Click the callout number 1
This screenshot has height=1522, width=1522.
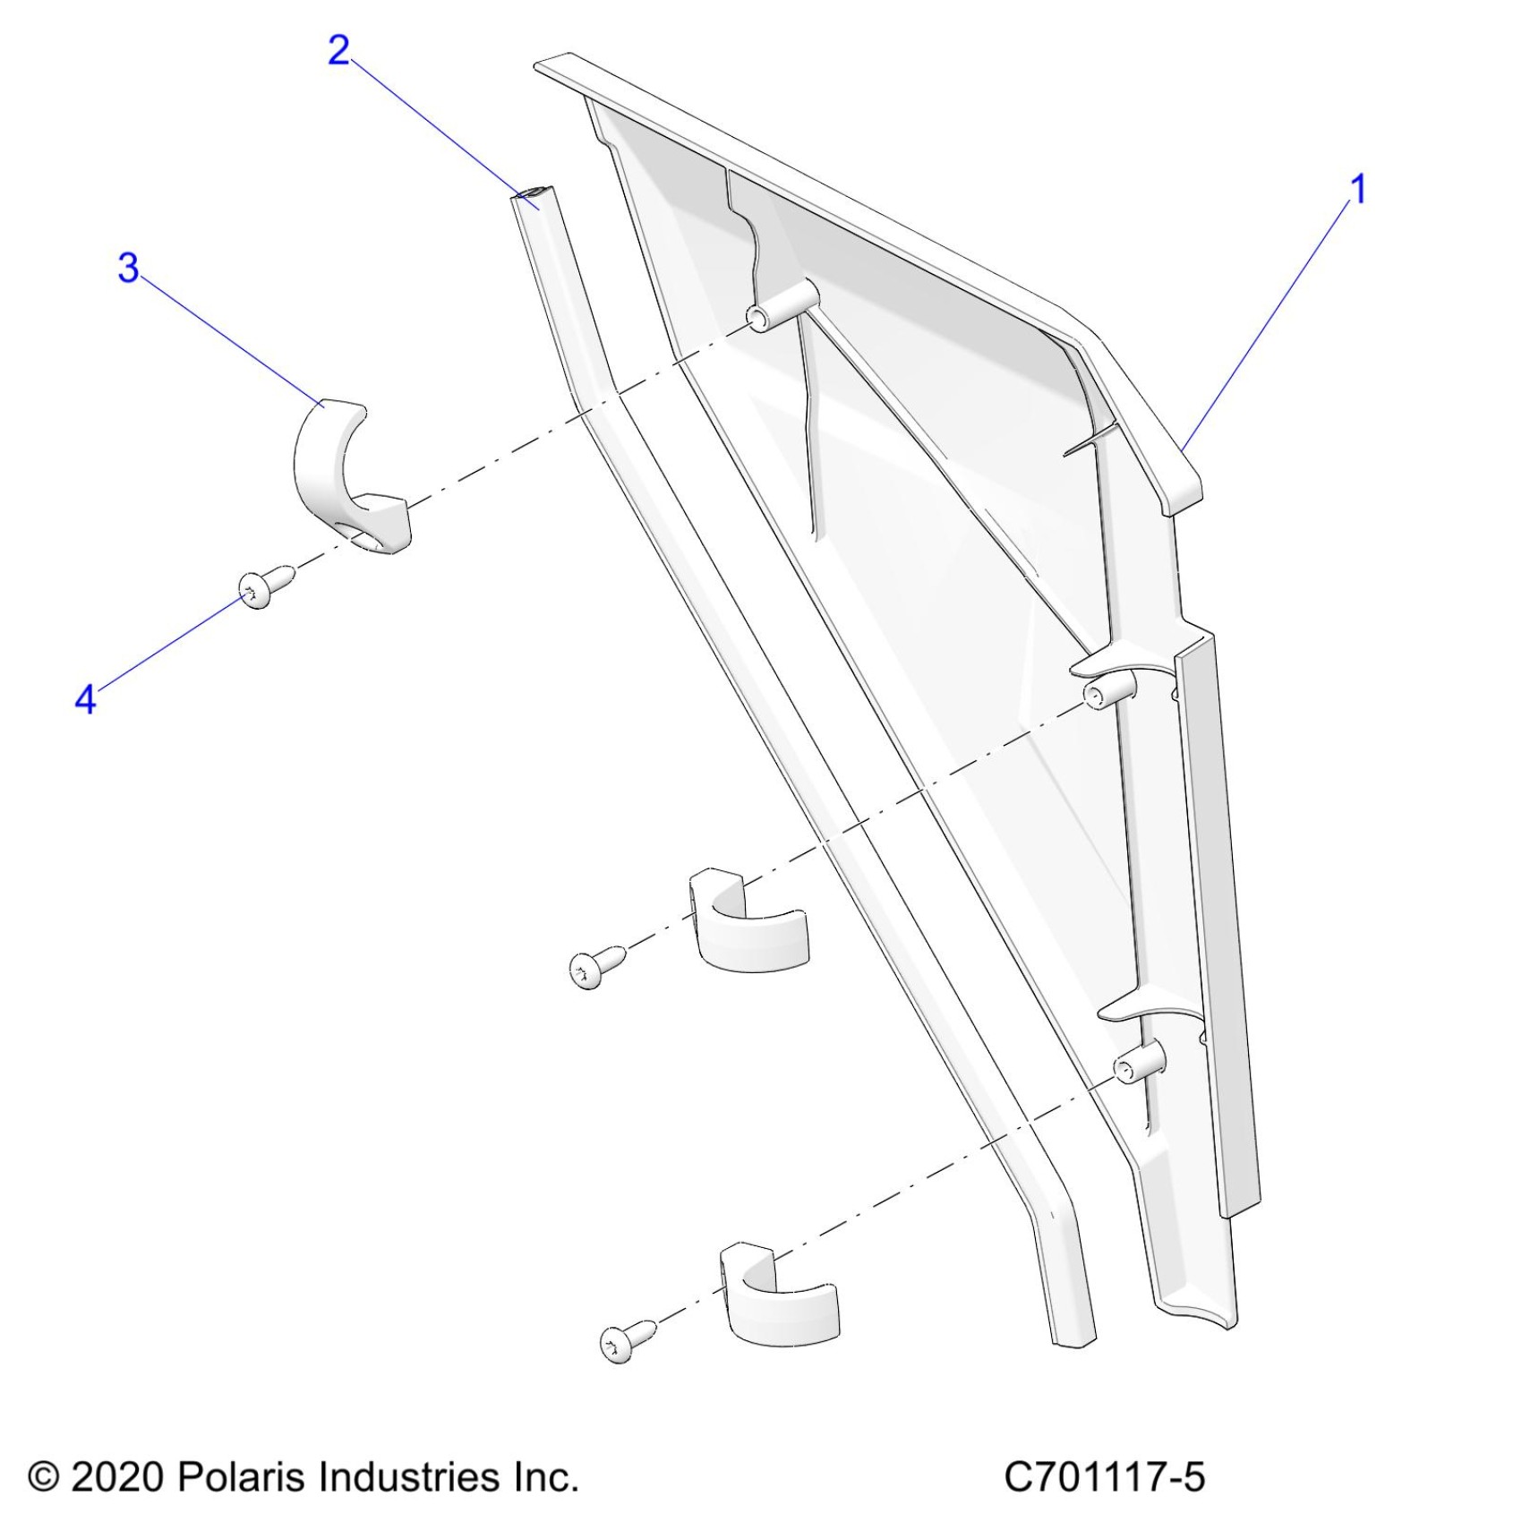pyautogui.click(x=1358, y=190)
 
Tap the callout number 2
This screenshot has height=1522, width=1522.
pyautogui.click(x=338, y=51)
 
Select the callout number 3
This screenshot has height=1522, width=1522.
pyautogui.click(x=129, y=268)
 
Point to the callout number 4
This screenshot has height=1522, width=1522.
pyautogui.click(x=85, y=699)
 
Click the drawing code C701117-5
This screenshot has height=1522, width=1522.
pyautogui.click(x=1104, y=1476)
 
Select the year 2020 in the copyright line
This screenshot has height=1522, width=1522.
pyautogui.click(x=117, y=1476)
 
